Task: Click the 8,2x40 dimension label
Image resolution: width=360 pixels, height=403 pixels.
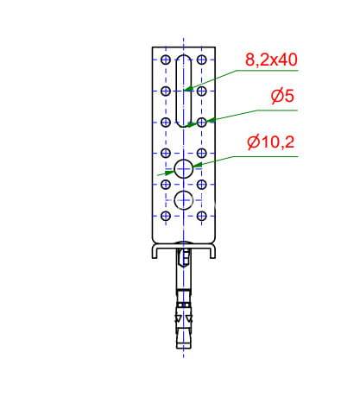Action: [271, 60]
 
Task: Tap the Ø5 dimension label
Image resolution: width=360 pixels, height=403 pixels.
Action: [282, 96]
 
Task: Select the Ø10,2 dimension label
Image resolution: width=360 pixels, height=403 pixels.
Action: [271, 142]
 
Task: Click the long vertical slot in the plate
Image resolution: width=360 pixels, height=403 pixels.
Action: [177, 91]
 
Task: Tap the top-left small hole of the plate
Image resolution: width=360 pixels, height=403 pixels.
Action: [166, 60]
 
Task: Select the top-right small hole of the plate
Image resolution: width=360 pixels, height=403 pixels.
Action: [202, 60]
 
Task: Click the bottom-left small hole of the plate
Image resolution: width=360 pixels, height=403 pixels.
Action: [166, 216]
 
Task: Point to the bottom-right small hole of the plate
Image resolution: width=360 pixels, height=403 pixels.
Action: [202, 216]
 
